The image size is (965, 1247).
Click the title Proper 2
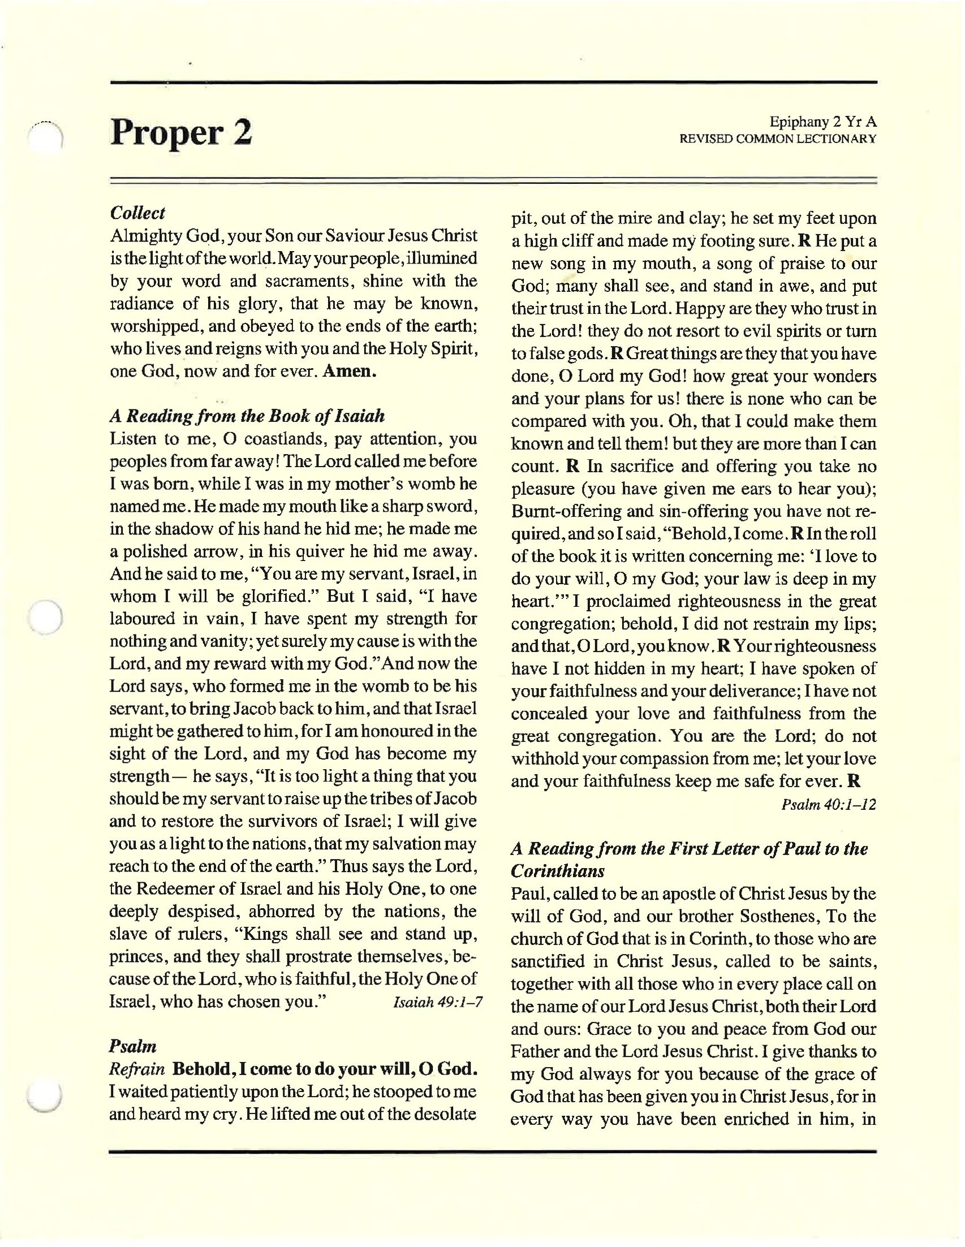click(x=180, y=132)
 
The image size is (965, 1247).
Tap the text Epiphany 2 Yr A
click(x=822, y=122)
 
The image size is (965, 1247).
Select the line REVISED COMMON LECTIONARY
click(x=777, y=139)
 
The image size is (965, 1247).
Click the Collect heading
click(x=137, y=213)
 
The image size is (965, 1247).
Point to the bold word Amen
click(x=350, y=371)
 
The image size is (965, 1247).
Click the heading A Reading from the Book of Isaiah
click(x=247, y=416)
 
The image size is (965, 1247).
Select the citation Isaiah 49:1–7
click(x=438, y=1002)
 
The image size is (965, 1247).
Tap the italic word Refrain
click(x=137, y=1069)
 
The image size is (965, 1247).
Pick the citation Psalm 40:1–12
click(x=829, y=805)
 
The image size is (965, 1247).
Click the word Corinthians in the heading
click(x=557, y=871)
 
